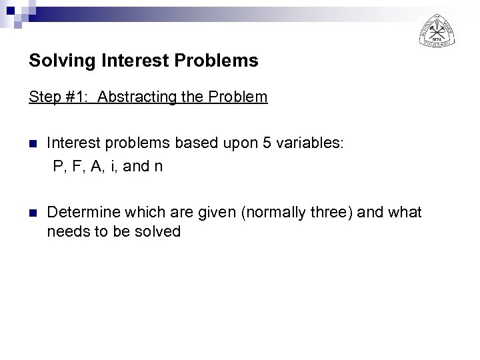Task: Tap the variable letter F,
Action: click(77, 166)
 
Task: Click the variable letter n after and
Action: click(158, 167)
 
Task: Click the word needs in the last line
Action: click(65, 231)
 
